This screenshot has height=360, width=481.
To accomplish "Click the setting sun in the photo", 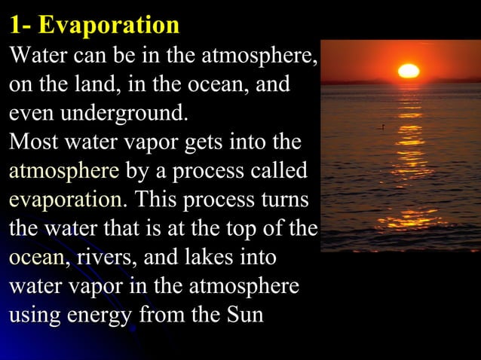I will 408,71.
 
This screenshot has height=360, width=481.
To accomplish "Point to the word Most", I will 32,142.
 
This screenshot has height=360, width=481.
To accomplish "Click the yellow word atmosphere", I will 63,171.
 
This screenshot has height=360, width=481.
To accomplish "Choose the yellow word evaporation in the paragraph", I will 68,200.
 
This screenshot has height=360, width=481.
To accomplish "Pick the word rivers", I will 100,258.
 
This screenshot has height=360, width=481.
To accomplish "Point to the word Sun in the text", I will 244,314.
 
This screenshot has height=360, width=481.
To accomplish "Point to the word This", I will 160,200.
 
